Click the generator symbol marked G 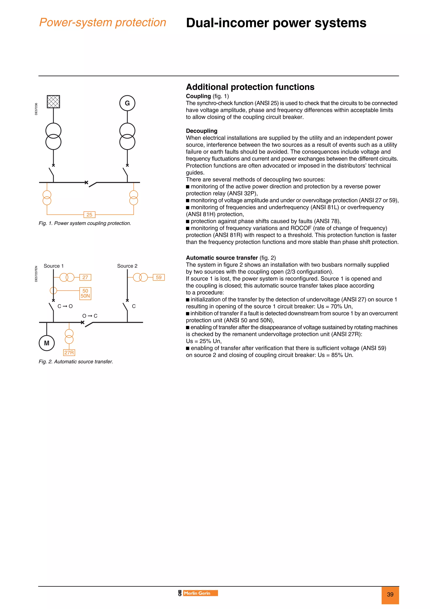pyautogui.click(x=127, y=103)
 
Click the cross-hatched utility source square pyautogui.click(x=53, y=101)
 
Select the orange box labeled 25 pyautogui.click(x=89, y=215)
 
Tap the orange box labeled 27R pyautogui.click(x=69, y=352)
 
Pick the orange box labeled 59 pyautogui.click(x=159, y=277)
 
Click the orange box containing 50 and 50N pyautogui.click(x=85, y=293)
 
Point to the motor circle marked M pyautogui.click(x=47, y=343)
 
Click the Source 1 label pyautogui.click(x=54, y=266)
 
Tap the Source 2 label pyautogui.click(x=127, y=266)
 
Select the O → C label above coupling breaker pyautogui.click(x=90, y=316)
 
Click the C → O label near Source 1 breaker pyautogui.click(x=65, y=306)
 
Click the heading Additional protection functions pyautogui.click(x=250, y=87)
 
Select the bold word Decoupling pyautogui.click(x=201, y=131)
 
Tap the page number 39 pyautogui.click(x=390, y=594)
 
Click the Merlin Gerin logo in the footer pyautogui.click(x=198, y=593)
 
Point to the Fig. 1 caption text pyautogui.click(x=85, y=223)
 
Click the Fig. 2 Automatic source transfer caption pyautogui.click(x=76, y=361)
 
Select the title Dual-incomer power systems pyautogui.click(x=276, y=23)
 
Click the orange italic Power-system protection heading pyautogui.click(x=102, y=22)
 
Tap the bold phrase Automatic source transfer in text pyautogui.click(x=222, y=258)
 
